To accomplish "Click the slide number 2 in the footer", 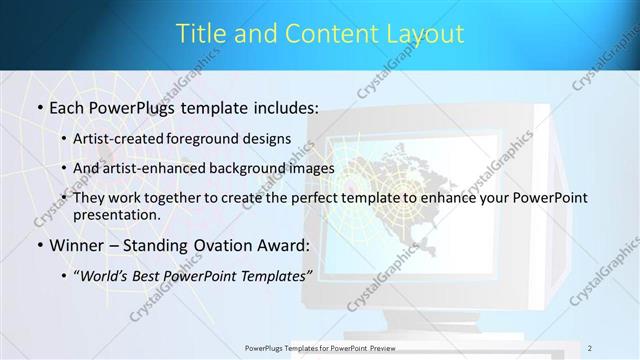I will click(590, 347).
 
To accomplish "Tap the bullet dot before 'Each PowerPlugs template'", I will click(39, 106).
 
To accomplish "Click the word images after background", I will click(308, 168).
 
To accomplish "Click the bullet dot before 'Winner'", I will click(39, 246).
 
